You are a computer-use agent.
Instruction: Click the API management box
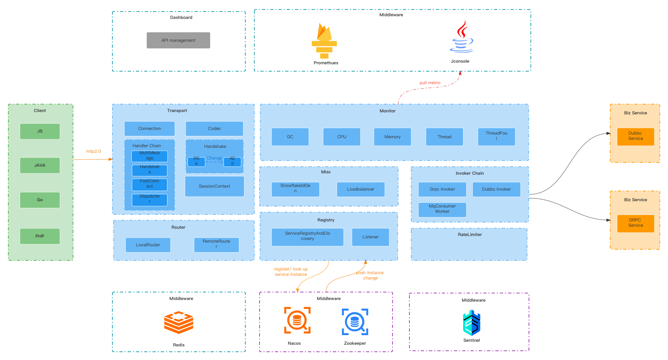click(178, 40)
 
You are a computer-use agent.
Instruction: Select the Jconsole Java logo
click(461, 37)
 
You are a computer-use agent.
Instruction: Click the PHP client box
click(40, 236)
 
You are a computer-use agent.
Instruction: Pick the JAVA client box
click(40, 165)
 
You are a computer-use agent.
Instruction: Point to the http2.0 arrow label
click(93, 151)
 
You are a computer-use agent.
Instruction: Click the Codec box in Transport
click(214, 129)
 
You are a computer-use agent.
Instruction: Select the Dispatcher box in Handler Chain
click(150, 199)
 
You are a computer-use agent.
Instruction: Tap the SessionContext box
click(214, 186)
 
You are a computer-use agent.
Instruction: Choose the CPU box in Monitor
click(341, 137)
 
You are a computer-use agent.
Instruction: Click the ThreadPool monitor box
click(496, 136)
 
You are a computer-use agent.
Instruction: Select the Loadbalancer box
click(361, 189)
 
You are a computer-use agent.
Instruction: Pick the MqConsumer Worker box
click(442, 209)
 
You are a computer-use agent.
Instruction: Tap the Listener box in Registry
click(370, 237)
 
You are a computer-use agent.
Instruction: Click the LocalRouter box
click(148, 245)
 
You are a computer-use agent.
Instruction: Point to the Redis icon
click(179, 322)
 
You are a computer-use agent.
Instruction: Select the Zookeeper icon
click(355, 322)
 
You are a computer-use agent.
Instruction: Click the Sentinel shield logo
click(471, 323)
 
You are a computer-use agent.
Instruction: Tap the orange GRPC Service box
click(636, 223)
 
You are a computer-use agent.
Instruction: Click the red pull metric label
click(430, 83)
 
